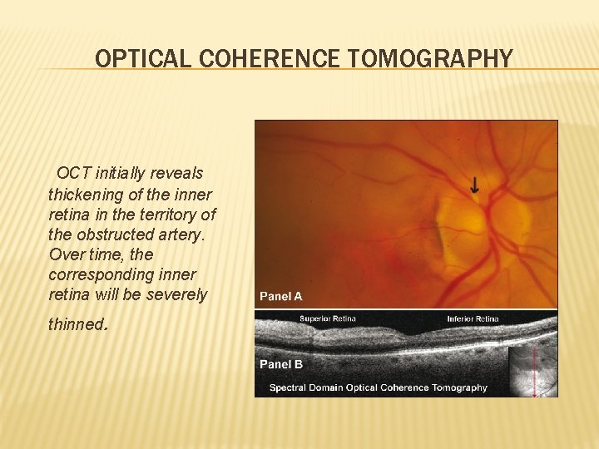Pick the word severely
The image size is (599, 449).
click(177, 294)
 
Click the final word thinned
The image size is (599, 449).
click(77, 324)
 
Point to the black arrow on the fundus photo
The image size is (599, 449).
click(474, 185)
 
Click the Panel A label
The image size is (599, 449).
click(280, 296)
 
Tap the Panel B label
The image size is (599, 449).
click(280, 363)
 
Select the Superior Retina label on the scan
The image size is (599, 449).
click(327, 318)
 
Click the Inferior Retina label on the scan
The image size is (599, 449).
click(473, 318)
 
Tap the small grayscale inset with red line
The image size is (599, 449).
click(532, 369)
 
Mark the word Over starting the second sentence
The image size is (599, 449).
click(66, 254)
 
